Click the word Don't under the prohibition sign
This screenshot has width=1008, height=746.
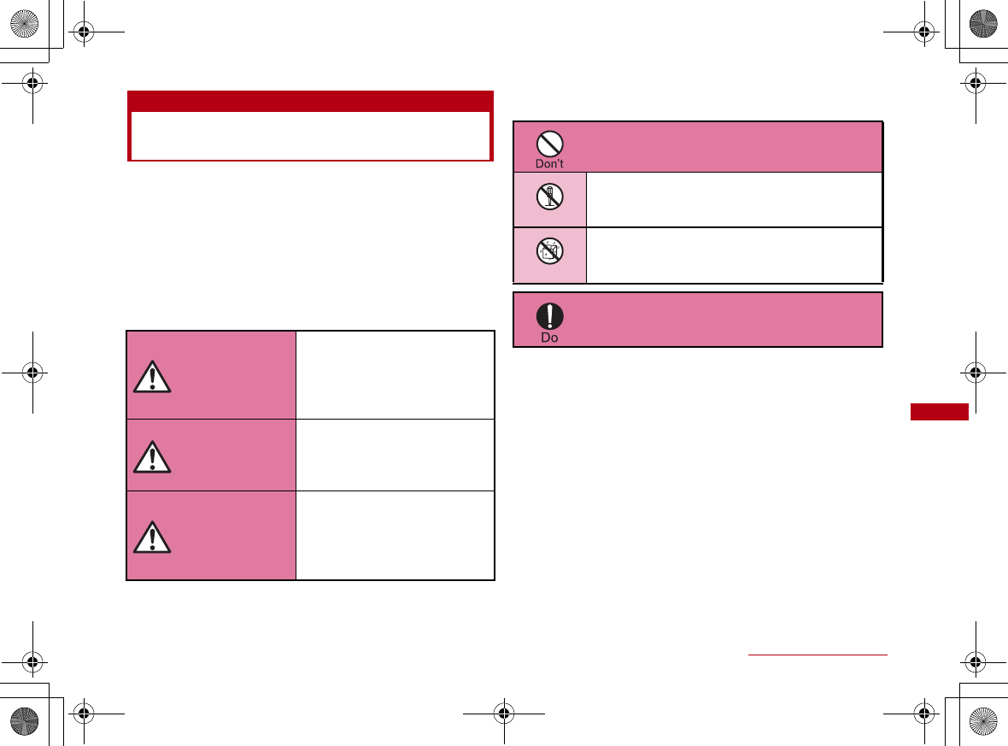pos(550,164)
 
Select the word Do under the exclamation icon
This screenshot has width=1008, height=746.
pos(550,338)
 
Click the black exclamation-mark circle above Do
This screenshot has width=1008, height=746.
pos(550,316)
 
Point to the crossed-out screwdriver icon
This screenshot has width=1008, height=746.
pos(550,199)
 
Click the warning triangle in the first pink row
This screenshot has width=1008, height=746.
pos(152,376)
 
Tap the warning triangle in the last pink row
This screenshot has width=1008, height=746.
pos(152,536)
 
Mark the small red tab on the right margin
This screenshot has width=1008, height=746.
pos(939,412)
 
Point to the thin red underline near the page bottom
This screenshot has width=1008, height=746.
pos(818,655)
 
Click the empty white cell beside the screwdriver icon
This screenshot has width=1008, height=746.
pos(733,199)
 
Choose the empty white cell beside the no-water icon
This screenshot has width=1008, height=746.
pos(733,255)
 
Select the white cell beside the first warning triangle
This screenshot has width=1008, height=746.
pos(395,374)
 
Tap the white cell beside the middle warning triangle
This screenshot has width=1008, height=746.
pos(395,454)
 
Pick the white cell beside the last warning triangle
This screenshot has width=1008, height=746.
pos(395,535)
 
